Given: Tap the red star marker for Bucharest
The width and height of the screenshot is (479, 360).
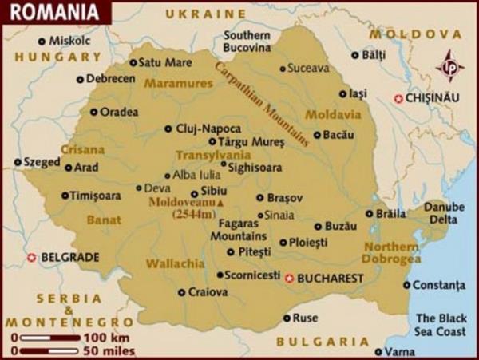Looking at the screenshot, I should click(x=289, y=278).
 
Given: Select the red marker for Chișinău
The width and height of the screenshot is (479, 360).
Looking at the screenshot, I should click(x=398, y=97).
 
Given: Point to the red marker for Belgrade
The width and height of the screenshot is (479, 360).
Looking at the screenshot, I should click(x=32, y=257).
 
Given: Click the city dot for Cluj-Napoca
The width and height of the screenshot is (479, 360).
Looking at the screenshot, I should click(x=168, y=128).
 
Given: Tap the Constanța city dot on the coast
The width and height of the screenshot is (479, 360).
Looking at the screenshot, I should click(x=406, y=284).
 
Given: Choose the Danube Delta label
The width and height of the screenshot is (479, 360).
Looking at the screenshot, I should click(x=444, y=212).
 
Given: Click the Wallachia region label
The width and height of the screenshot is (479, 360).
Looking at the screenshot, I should click(x=171, y=263).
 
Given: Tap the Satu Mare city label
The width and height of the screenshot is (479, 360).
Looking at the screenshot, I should click(x=165, y=62).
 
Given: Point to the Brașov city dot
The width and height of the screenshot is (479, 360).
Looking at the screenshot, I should click(x=259, y=197).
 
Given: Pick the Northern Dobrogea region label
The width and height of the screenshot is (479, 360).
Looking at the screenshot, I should click(x=390, y=252).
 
